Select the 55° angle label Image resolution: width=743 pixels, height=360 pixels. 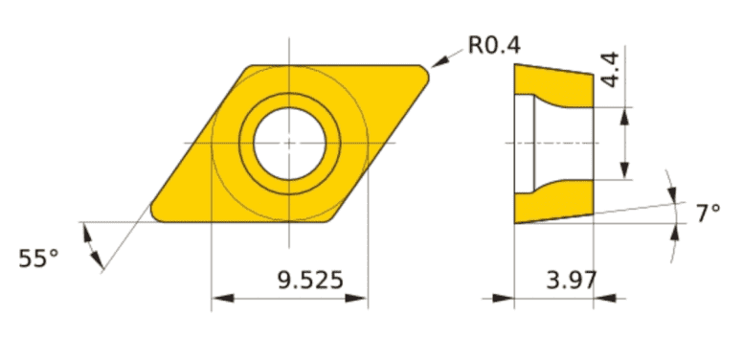(x=38, y=258)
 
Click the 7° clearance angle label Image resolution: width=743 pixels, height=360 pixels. (x=708, y=213)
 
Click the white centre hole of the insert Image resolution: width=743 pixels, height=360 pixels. (x=289, y=143)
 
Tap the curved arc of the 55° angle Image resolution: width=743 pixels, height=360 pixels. (x=94, y=245)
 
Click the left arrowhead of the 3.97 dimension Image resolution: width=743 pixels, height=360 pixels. (x=504, y=299)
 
